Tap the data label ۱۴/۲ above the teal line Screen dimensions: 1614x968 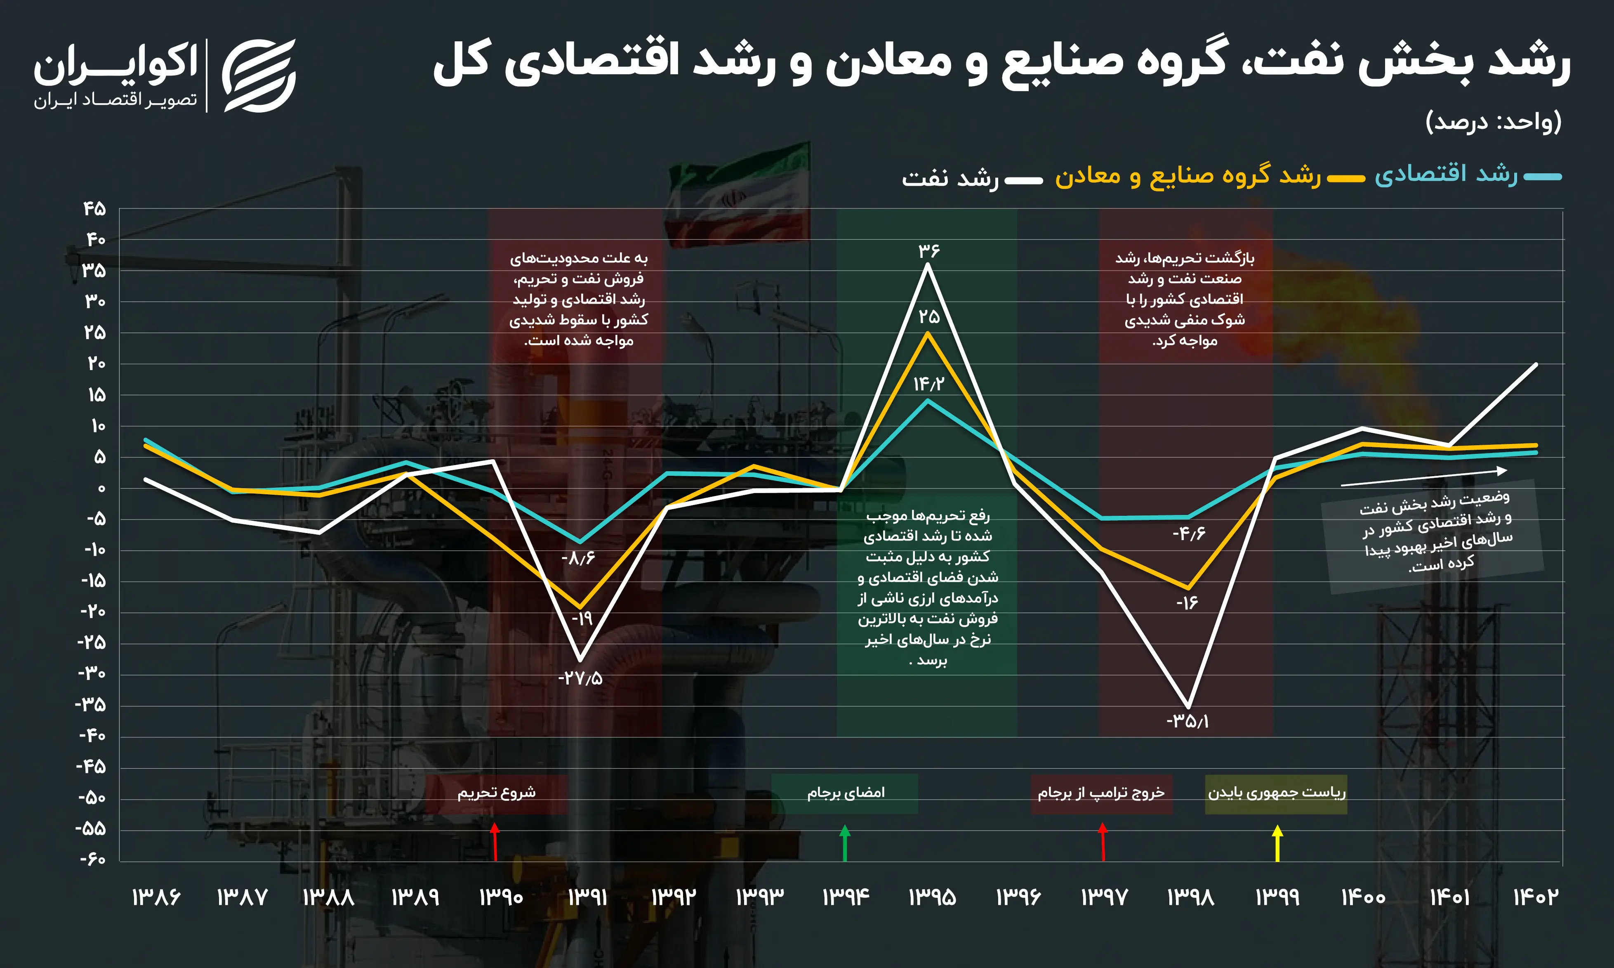[x=928, y=384]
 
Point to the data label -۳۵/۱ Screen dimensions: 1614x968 [x=1188, y=721]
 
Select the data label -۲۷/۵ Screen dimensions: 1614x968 [x=580, y=678]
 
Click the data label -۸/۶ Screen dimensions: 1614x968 [x=578, y=558]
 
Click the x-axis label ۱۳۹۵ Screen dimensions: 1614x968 [x=932, y=897]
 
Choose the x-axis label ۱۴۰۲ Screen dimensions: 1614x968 [x=1535, y=897]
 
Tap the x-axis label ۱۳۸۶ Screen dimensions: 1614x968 [x=156, y=897]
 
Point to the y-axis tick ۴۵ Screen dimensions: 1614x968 [x=94, y=209]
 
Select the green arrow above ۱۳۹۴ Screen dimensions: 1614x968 [x=845, y=843]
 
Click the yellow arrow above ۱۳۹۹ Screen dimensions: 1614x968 [x=1278, y=843]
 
